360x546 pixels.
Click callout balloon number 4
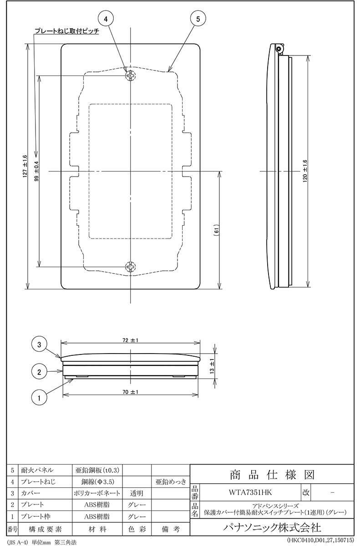point(106,19)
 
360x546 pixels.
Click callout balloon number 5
point(198,19)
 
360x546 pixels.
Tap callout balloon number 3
point(39,345)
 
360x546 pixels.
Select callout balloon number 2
point(39,372)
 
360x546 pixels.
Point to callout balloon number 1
point(39,398)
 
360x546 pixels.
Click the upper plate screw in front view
point(131,76)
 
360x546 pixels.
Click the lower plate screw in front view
point(131,267)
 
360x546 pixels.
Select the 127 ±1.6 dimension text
point(25,166)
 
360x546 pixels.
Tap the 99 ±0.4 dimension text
point(37,172)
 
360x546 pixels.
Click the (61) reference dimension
point(218,230)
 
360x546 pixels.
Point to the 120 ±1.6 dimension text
point(305,172)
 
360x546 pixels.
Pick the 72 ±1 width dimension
point(131,340)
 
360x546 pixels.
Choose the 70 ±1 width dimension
point(131,392)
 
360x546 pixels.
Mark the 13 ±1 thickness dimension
point(212,366)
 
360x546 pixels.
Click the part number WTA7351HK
point(250,493)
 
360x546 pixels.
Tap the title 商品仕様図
point(272,475)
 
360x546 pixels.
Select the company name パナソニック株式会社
point(272,528)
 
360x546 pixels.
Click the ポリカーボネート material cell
point(97,493)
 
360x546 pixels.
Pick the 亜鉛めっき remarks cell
point(171,481)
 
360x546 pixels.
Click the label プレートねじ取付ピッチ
point(67,31)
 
